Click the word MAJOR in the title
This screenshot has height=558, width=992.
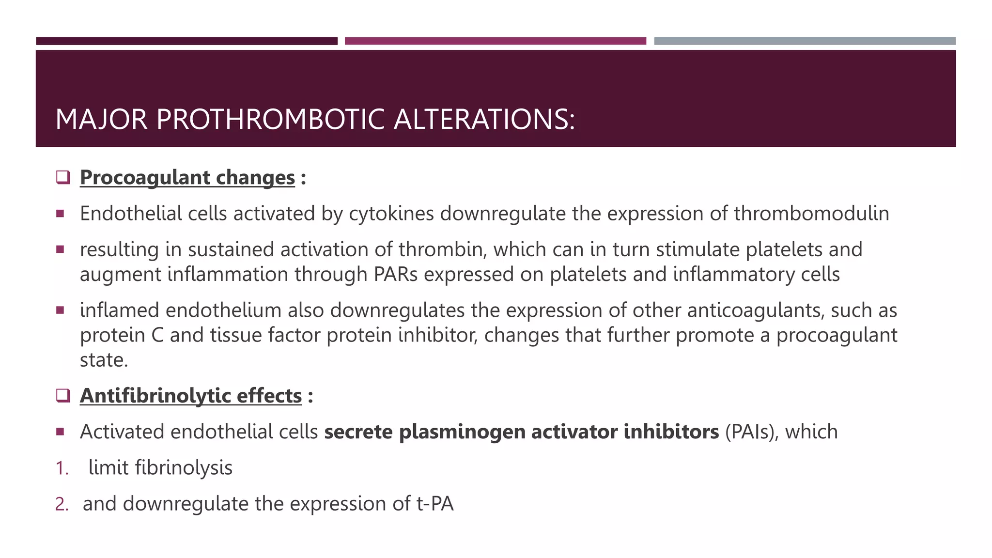tap(101, 119)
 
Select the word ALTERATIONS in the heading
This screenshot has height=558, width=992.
tap(484, 119)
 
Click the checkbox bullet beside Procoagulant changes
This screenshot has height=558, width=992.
tap(63, 177)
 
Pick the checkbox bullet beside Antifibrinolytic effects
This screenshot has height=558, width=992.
tap(63, 395)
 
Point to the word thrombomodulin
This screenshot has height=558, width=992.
tap(811, 214)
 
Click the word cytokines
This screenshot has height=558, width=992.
tap(391, 214)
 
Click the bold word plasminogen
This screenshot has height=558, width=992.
tap(462, 432)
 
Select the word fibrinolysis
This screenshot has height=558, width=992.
tap(184, 468)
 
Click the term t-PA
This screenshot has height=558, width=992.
tap(435, 504)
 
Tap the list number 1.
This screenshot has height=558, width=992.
tap(62, 468)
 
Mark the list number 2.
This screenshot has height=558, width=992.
tap(62, 504)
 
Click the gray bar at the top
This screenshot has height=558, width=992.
tap(805, 41)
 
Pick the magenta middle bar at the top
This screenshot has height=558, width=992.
tap(495, 41)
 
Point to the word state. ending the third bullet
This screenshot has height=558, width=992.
tap(104, 360)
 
